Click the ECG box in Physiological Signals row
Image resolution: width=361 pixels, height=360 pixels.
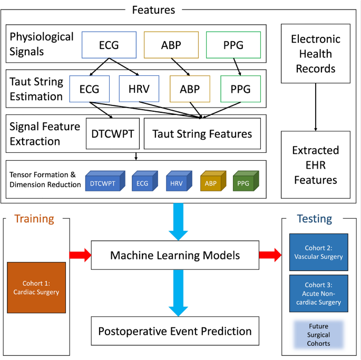click(x=109, y=45)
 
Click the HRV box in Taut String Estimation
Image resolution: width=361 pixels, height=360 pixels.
click(x=139, y=89)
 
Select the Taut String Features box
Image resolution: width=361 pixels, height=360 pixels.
click(x=202, y=134)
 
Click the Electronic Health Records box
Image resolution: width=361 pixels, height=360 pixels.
click(x=316, y=53)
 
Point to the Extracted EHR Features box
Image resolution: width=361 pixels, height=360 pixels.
click(x=316, y=166)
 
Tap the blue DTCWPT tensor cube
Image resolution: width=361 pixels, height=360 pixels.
click(x=104, y=180)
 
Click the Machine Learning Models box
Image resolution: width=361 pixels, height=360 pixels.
click(x=175, y=256)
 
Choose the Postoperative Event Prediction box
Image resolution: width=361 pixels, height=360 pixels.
click(x=175, y=332)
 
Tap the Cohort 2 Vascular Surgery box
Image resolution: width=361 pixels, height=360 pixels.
click(x=318, y=252)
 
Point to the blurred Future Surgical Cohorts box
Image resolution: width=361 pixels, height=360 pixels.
click(x=318, y=334)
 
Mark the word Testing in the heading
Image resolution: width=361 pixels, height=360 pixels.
click(x=314, y=218)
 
